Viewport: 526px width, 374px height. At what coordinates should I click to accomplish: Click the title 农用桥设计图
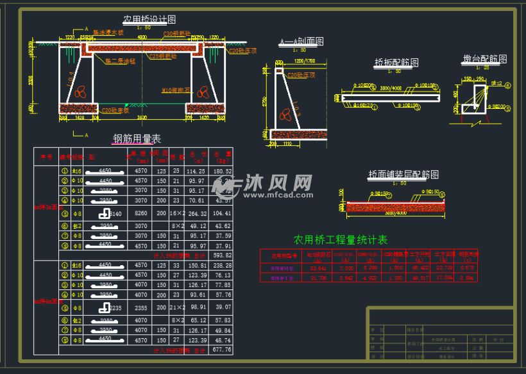tap(149, 20)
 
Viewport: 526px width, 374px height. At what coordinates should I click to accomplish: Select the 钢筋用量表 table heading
tap(137, 138)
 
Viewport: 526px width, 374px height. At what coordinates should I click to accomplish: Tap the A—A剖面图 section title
tap(301, 42)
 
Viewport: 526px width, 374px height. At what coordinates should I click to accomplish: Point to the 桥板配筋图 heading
tap(396, 63)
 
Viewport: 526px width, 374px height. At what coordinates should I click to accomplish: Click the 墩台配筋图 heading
tap(485, 59)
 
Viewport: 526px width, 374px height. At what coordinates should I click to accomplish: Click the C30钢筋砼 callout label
tap(177, 33)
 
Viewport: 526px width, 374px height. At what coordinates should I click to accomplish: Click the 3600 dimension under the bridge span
tap(142, 118)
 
